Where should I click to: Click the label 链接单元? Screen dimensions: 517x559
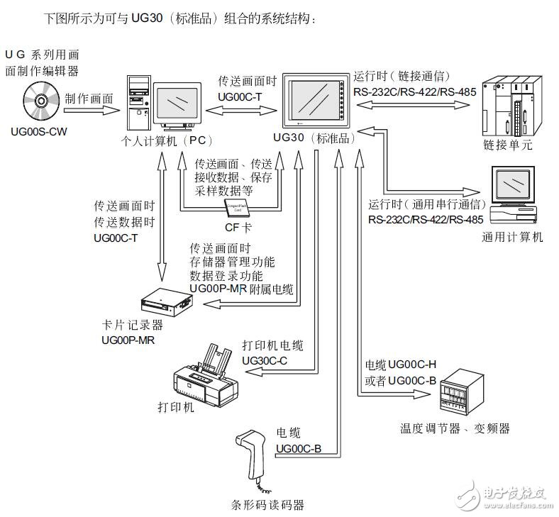click(x=508, y=145)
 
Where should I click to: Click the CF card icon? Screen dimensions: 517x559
click(x=237, y=207)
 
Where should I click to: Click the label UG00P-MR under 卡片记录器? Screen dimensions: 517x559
click(x=128, y=340)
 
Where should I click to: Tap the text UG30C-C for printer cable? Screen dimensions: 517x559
click(x=265, y=360)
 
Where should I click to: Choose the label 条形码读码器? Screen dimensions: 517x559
click(x=267, y=505)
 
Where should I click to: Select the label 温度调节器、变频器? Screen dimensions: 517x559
click(x=455, y=428)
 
